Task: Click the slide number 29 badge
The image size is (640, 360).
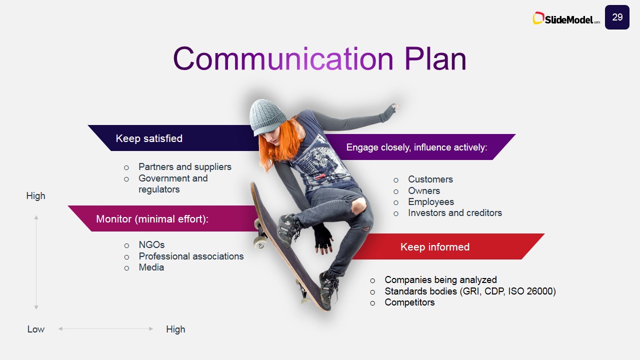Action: (x=617, y=17)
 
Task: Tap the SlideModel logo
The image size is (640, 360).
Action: (x=566, y=18)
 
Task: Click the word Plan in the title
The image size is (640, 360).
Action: (x=435, y=59)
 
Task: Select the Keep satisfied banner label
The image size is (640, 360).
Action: (x=149, y=138)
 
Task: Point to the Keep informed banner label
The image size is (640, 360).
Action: (x=435, y=247)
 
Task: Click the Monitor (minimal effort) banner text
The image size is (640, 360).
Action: (x=152, y=219)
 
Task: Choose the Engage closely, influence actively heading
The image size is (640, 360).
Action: (x=416, y=147)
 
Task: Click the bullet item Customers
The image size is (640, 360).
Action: (x=430, y=179)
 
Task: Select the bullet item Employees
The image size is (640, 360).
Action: (x=431, y=202)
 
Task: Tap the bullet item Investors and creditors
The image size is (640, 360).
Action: (x=455, y=213)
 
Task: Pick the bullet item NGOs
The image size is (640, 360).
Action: (x=151, y=245)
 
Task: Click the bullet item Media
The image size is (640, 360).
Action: (x=151, y=267)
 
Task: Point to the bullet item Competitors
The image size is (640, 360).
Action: (x=409, y=302)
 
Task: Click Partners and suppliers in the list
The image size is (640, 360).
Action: (x=185, y=167)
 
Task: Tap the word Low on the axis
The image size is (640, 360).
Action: (x=35, y=329)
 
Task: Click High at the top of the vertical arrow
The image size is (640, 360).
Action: (x=35, y=196)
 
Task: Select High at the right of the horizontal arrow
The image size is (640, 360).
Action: (x=175, y=329)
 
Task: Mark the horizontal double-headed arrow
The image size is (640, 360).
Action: (x=105, y=329)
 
